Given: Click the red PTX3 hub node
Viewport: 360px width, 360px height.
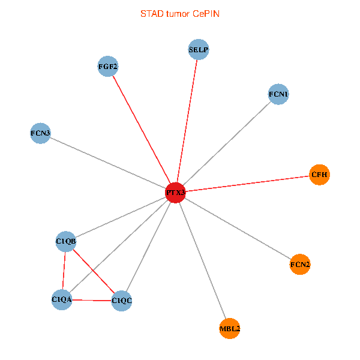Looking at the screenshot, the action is pyautogui.click(x=175, y=193).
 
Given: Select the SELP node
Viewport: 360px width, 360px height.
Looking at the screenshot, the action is pyautogui.click(x=199, y=49).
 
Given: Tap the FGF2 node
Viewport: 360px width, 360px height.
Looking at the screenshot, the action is pyautogui.click(x=108, y=67).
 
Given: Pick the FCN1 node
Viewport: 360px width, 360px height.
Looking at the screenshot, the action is pyautogui.click(x=278, y=94).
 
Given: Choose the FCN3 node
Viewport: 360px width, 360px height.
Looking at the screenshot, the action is pyautogui.click(x=40, y=133).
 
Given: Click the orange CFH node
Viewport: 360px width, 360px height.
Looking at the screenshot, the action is pyautogui.click(x=319, y=175).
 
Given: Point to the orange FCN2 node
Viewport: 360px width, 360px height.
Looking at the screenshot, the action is pyautogui.click(x=300, y=264).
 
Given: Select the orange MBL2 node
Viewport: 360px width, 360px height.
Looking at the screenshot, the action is pyautogui.click(x=230, y=328).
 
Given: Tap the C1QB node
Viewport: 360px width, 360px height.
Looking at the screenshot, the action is pyautogui.click(x=66, y=241).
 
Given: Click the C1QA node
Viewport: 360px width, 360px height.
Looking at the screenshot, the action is pyautogui.click(x=62, y=299).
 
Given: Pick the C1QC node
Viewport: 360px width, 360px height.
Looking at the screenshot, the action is pyautogui.click(x=121, y=301).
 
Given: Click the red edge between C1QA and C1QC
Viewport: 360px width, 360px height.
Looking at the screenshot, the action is pyautogui.click(x=92, y=300).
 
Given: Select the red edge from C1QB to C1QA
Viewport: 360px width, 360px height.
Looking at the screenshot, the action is pyautogui.click(x=64, y=271).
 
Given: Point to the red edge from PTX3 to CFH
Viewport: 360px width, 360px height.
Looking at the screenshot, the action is pyautogui.click(x=247, y=184).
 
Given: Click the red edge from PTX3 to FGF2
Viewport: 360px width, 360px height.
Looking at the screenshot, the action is pyautogui.click(x=142, y=130).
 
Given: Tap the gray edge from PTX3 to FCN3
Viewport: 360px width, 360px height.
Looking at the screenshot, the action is pyautogui.click(x=107, y=163).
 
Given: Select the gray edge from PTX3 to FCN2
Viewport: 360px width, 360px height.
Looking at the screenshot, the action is pyautogui.click(x=238, y=229).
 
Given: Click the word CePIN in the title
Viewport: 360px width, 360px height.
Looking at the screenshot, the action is pyautogui.click(x=206, y=14).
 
